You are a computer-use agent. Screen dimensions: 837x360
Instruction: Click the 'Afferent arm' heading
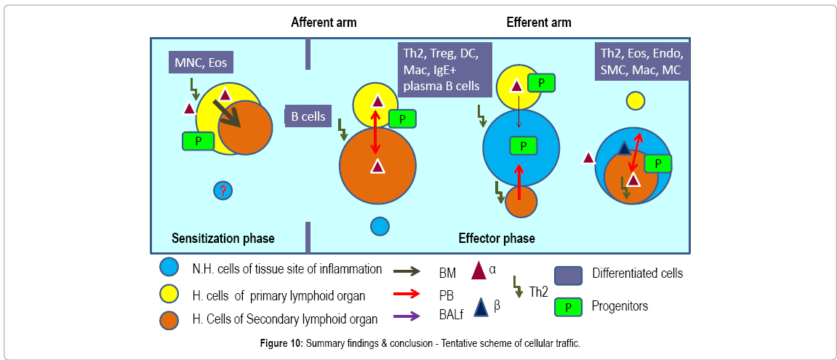pos(324,23)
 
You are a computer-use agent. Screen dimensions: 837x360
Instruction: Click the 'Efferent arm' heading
pos(539,23)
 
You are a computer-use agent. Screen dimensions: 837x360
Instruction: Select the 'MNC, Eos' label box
pos(201,63)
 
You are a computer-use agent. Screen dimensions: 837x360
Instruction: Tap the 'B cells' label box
pos(308,116)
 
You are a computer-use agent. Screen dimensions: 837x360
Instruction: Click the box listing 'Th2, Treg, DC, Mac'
pos(444,70)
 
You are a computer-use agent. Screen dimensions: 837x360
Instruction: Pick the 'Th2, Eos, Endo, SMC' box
pos(642,61)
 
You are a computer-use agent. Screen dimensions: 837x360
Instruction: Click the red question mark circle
pos(223,190)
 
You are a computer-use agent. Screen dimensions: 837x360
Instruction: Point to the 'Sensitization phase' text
pos(223,239)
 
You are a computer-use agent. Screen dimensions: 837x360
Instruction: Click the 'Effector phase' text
pos(497,239)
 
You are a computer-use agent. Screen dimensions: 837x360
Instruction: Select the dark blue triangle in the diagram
pos(624,148)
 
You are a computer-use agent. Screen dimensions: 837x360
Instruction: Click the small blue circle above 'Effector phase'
pos(380,226)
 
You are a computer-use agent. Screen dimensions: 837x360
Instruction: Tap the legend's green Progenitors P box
pos(568,306)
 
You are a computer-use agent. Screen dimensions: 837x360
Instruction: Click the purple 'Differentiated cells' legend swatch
pos(568,275)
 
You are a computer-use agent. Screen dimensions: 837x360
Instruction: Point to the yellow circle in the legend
pos(169,293)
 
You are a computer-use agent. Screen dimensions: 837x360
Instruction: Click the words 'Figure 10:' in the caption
pos(281,343)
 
